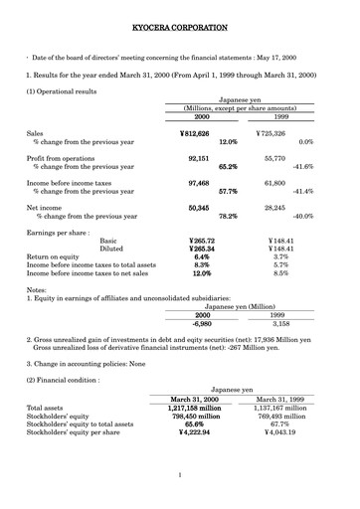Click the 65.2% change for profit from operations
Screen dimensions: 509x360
pyautogui.click(x=228, y=167)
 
